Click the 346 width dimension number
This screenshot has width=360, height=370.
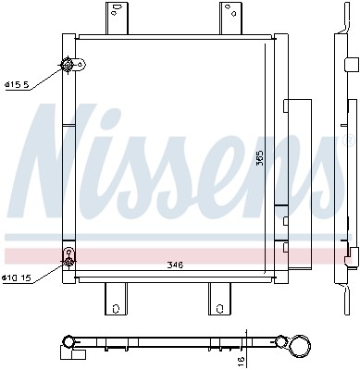(175, 265)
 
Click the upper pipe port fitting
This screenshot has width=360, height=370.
(68, 65)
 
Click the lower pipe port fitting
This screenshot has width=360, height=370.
(68, 254)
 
